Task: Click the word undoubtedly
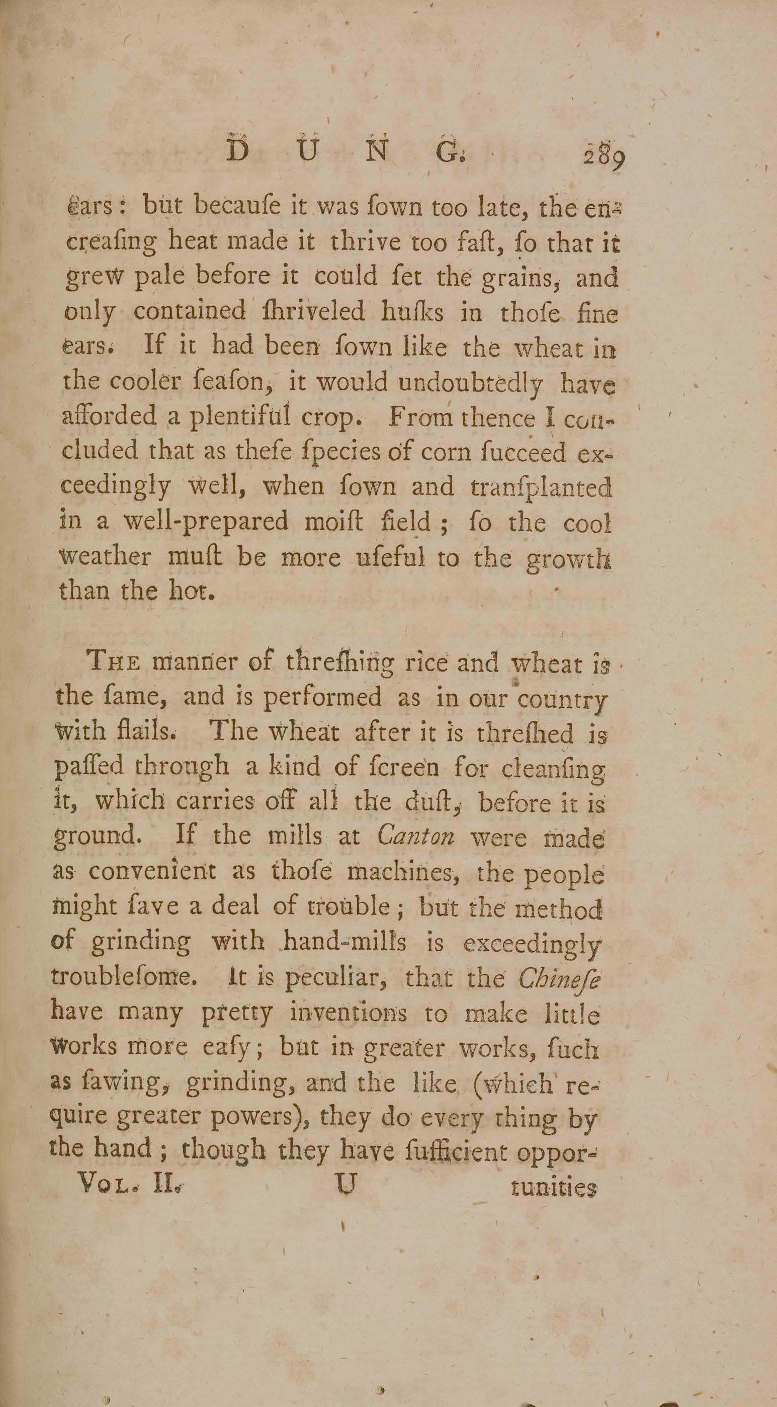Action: pos(471,384)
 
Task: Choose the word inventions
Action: pos(348,1013)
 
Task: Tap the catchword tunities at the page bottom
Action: pos(553,1189)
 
